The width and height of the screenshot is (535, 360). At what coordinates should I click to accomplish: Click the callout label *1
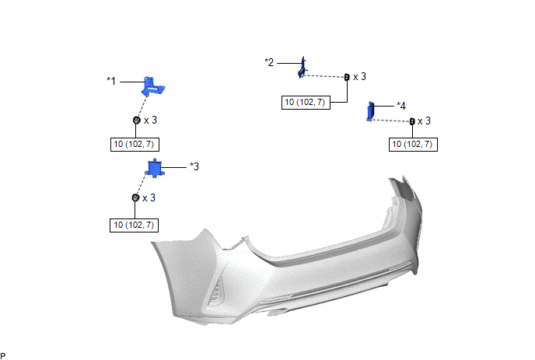pyautogui.click(x=111, y=81)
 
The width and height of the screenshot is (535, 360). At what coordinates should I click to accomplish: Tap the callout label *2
pyautogui.click(x=269, y=62)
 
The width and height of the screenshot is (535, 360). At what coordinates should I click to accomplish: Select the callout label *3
pyautogui.click(x=194, y=166)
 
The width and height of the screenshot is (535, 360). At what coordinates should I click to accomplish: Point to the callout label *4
pyautogui.click(x=401, y=106)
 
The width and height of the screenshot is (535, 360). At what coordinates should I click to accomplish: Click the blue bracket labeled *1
pyautogui.click(x=152, y=86)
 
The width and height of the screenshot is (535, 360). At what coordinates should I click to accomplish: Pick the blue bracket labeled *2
pyautogui.click(x=302, y=68)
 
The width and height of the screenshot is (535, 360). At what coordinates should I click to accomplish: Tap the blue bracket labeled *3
pyautogui.click(x=156, y=168)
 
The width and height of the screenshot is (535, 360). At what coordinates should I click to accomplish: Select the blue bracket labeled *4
pyautogui.click(x=371, y=112)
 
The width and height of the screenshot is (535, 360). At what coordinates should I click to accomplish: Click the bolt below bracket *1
pyautogui.click(x=137, y=120)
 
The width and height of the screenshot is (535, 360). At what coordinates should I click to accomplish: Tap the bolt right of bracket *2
pyautogui.click(x=347, y=77)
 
